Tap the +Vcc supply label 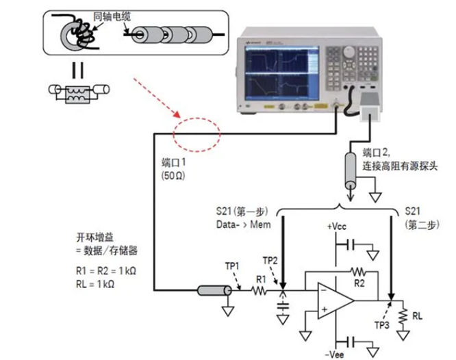click(x=338, y=227)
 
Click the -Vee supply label click(x=335, y=353)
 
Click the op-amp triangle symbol click(x=332, y=300)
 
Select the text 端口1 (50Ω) click(x=173, y=168)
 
